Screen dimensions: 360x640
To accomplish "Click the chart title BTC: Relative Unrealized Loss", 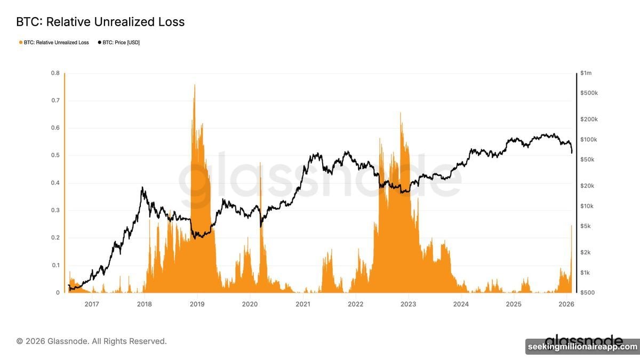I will [x=100, y=22].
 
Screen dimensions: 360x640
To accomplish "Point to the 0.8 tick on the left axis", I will [x=55, y=73].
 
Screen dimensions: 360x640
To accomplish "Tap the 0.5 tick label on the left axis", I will [x=55, y=156].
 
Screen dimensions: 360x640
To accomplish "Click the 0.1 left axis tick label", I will [x=55, y=265].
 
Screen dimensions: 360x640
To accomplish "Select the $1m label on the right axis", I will [x=586, y=73].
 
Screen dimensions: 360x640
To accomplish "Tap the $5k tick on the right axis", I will [x=586, y=226].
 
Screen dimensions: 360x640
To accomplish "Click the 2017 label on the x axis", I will [x=92, y=304].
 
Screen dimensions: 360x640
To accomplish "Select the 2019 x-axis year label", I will [x=197, y=304].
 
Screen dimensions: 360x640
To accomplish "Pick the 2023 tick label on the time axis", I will [x=408, y=304].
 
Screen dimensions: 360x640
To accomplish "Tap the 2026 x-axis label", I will [x=566, y=304].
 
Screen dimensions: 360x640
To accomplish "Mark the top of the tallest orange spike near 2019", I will [x=194, y=85].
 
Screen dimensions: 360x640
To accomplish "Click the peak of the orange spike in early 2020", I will [x=260, y=163].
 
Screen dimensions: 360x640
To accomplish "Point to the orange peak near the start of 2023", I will [x=400, y=113].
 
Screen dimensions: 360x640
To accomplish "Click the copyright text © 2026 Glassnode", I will [x=91, y=341].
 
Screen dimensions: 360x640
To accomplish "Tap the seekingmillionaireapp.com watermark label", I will [x=582, y=347].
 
